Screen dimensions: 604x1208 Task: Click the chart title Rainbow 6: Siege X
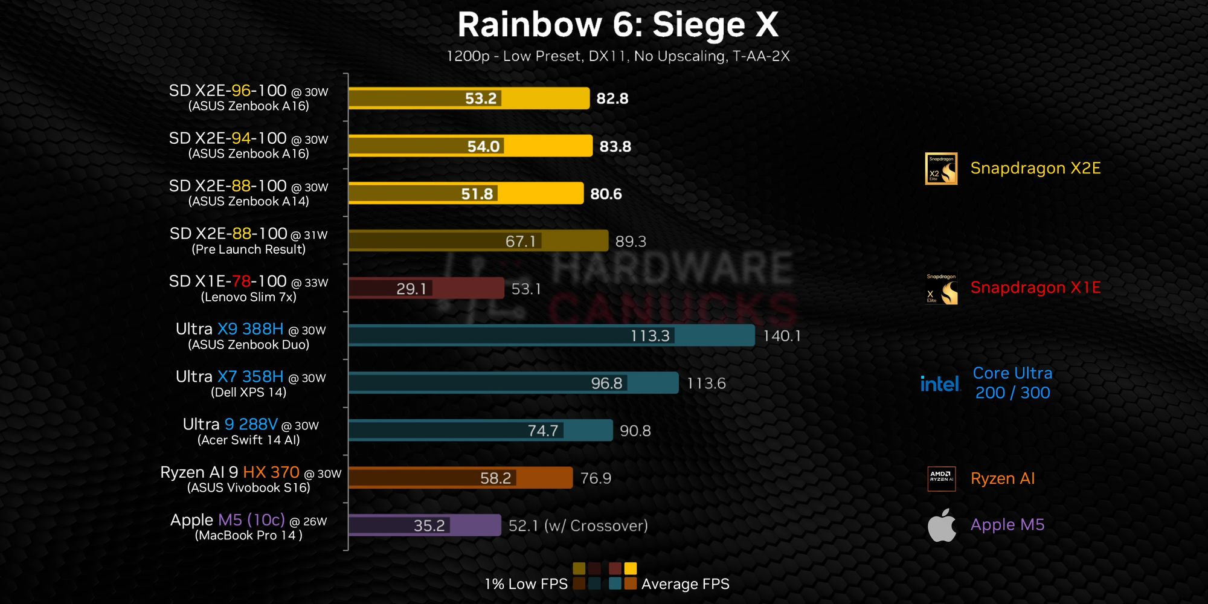coord(617,25)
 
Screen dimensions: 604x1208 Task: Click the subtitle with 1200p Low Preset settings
coord(617,56)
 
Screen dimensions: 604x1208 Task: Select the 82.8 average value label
coord(612,98)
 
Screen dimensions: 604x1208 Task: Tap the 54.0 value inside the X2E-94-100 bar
coord(483,146)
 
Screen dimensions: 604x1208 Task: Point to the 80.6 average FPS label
coord(606,194)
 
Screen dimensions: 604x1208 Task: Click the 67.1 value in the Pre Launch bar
coord(520,242)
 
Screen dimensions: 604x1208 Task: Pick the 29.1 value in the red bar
coord(411,289)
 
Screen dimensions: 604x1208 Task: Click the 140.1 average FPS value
coord(782,336)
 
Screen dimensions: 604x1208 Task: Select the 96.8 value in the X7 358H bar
coord(606,384)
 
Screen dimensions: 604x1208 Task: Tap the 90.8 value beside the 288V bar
coord(635,431)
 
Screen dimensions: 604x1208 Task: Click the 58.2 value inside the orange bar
coord(495,478)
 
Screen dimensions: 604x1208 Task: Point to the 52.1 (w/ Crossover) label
coord(578,526)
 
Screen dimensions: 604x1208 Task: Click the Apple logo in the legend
coord(942,525)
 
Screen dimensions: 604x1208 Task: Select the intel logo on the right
coord(940,384)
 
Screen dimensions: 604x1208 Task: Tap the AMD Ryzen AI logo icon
coord(941,478)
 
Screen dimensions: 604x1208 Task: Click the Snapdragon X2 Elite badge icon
coord(941,169)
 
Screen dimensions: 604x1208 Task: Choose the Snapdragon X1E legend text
coord(1035,288)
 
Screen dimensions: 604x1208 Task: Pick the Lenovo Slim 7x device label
coord(249,297)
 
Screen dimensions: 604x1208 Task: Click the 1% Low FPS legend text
coord(525,584)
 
